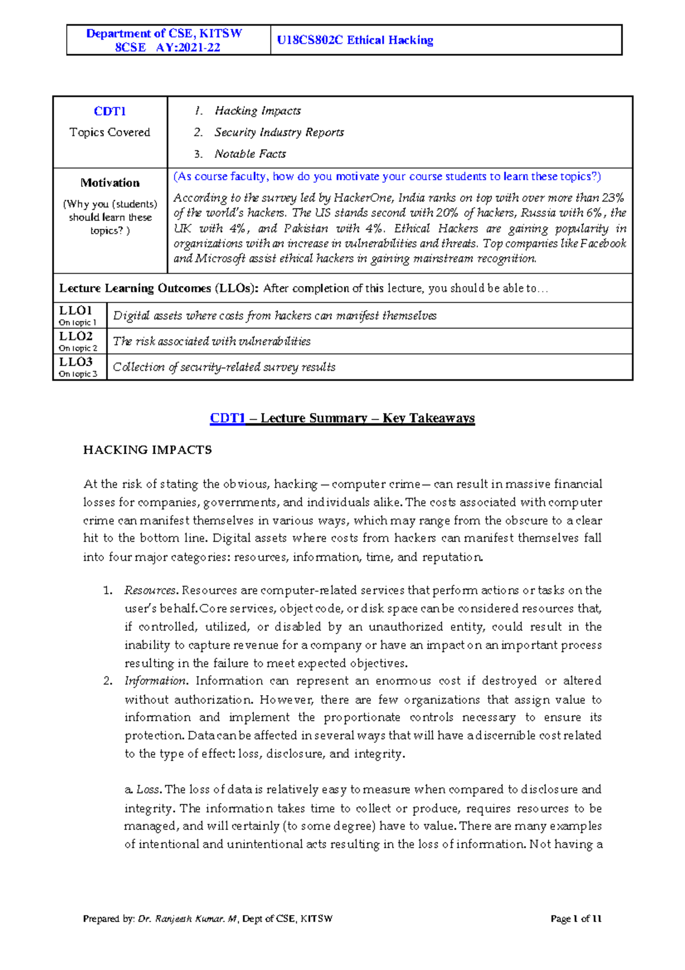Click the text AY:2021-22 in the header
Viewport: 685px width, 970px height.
coord(188,47)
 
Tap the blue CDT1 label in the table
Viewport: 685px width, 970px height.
coord(110,111)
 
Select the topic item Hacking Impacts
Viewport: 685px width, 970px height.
coord(257,111)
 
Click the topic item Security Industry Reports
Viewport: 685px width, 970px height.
coord(279,133)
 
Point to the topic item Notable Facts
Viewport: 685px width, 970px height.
coord(250,154)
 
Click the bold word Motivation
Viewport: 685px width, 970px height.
coord(110,183)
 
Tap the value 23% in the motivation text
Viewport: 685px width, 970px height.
coord(613,198)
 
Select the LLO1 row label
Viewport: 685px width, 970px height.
coord(75,311)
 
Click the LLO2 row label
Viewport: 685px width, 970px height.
coord(75,336)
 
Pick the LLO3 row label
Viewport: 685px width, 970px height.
coord(75,362)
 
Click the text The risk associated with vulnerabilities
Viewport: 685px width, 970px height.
coord(212,342)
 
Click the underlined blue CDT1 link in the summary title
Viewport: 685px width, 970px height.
coord(227,418)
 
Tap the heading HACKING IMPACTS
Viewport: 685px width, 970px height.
coord(147,450)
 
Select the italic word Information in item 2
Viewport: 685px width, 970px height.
coord(155,681)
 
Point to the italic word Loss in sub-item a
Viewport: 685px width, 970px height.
coord(148,789)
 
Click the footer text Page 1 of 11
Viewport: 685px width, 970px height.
coord(575,919)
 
